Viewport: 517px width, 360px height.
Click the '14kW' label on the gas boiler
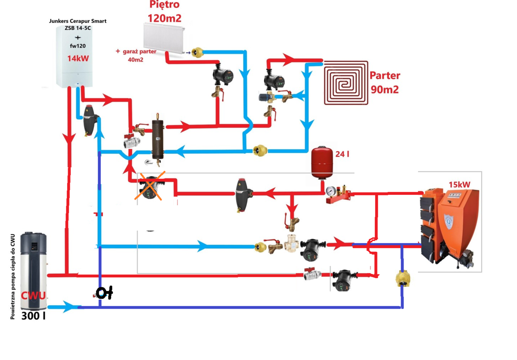(x=78, y=58)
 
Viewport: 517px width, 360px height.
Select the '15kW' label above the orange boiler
(x=458, y=184)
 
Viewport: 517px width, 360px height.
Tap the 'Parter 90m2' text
(x=385, y=82)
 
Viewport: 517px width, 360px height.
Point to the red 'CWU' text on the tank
(x=34, y=296)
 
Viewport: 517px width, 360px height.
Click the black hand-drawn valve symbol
(x=104, y=294)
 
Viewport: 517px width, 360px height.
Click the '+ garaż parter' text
(x=136, y=52)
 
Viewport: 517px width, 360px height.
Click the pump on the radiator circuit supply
(x=222, y=76)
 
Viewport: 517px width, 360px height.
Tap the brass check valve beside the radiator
(x=198, y=52)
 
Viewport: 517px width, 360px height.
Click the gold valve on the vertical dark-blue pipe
(x=402, y=278)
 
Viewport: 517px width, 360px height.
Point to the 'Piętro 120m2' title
(x=164, y=12)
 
